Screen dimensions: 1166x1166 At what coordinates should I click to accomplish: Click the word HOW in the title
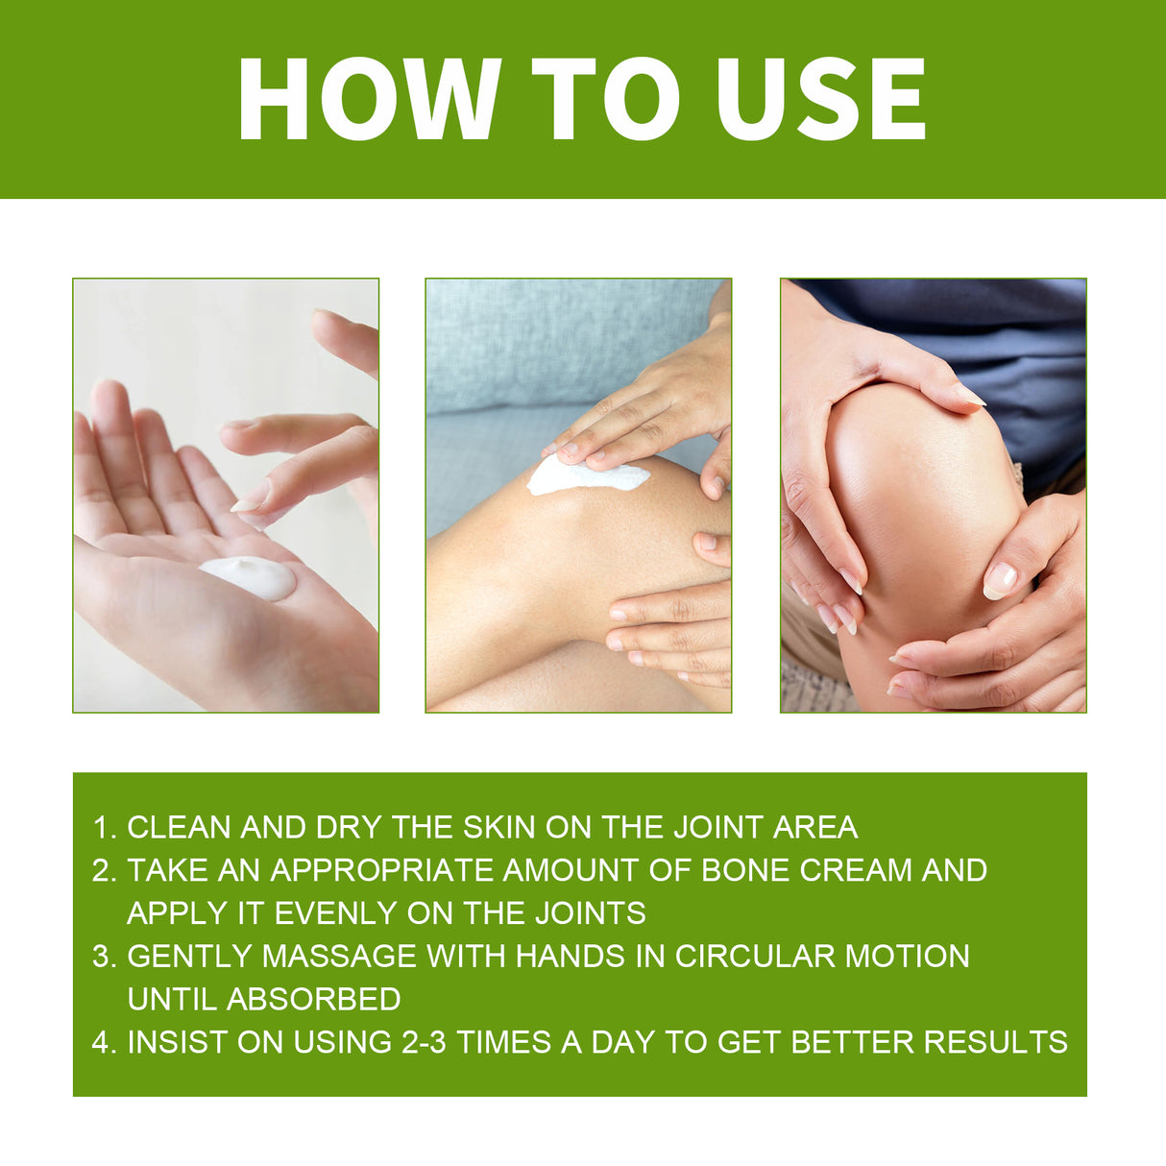coord(370,99)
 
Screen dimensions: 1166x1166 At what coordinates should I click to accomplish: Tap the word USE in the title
coord(821,99)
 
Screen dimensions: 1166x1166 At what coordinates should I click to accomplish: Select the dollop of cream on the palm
coord(249,576)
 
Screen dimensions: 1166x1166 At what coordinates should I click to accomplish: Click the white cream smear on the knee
coord(585,475)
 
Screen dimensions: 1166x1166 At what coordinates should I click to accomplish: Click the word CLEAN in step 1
coord(179,827)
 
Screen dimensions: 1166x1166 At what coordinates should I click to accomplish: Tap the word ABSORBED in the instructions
coord(313,999)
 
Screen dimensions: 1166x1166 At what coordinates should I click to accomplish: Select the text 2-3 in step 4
coord(424,1042)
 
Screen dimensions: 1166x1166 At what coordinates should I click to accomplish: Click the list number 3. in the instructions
coord(104,956)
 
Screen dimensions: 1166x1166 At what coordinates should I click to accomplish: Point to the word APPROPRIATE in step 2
coord(381,870)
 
